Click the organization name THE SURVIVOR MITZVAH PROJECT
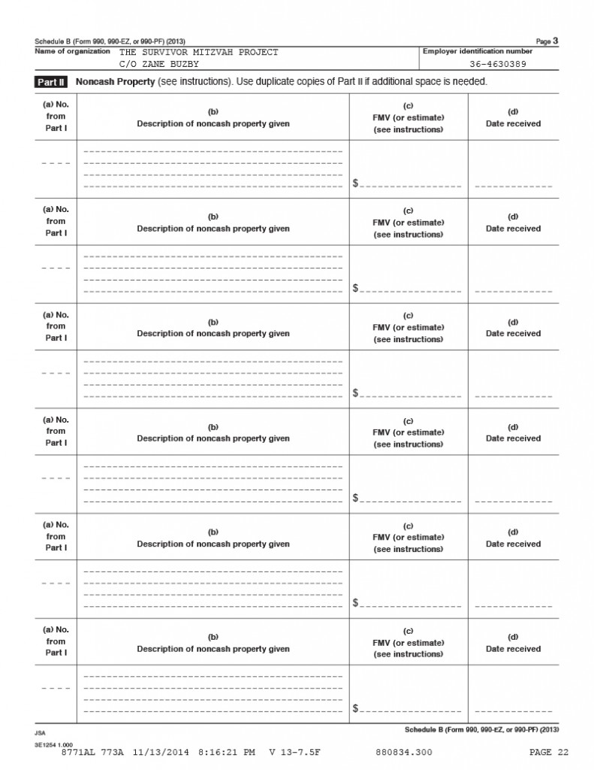[198, 52]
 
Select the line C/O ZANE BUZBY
[159, 64]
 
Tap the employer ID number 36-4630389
[498, 64]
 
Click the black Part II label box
[51, 81]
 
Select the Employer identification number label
[478, 51]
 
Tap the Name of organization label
[72, 51]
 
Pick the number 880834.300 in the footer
[403, 752]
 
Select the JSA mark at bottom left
[39, 731]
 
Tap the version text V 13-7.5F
[294, 752]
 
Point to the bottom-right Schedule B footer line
[482, 729]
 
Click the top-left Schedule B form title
[110, 41]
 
